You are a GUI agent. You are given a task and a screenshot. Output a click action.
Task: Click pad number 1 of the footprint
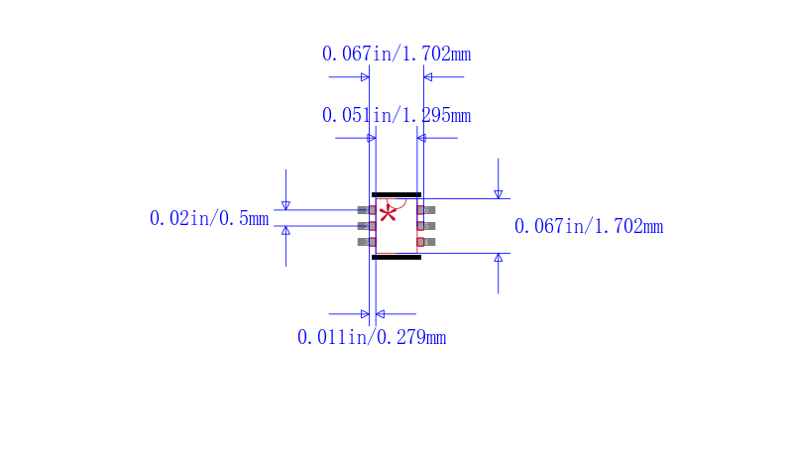tap(367, 210)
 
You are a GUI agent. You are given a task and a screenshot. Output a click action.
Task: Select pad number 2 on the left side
tap(367, 226)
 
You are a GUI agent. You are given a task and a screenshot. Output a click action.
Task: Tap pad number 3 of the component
tap(367, 242)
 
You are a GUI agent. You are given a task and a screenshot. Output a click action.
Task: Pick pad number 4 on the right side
tap(426, 242)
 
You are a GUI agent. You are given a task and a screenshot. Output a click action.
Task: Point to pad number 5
tap(426, 226)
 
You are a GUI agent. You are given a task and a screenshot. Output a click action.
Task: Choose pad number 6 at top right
tap(426, 210)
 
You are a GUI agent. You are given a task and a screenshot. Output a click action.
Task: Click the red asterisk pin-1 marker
tap(388, 214)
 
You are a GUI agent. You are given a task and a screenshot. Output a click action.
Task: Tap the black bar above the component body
tap(396, 194)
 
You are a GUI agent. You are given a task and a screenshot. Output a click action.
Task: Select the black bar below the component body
tap(396, 258)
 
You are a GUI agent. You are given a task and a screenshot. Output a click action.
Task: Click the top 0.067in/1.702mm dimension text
tap(396, 54)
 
